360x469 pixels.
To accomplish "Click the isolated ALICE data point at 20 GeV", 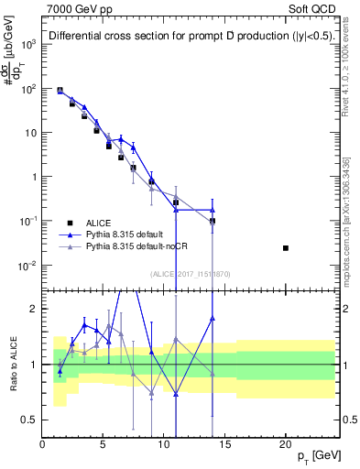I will coord(286,248).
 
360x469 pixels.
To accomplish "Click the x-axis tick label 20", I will coord(286,444).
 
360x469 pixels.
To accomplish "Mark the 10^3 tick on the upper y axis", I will coord(28,44).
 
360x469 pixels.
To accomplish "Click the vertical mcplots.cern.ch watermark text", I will coord(350,220).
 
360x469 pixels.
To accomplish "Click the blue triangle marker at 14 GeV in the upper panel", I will coord(213,210).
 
